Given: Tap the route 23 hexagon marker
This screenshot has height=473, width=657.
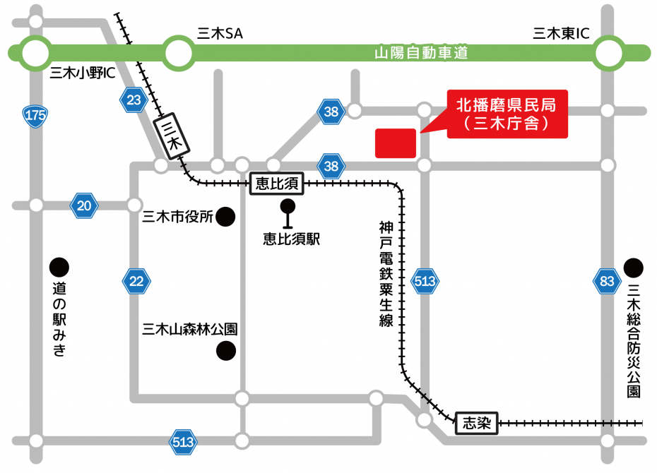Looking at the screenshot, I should [134, 100].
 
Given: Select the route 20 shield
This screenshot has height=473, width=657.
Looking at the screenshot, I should [85, 205].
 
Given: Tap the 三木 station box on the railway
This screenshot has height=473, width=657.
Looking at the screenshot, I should [171, 136].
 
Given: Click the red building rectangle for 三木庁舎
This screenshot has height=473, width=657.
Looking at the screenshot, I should [396, 143].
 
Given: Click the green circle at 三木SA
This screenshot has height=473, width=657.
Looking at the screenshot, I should [179, 53].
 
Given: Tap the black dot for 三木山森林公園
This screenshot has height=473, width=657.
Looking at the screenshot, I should [225, 349].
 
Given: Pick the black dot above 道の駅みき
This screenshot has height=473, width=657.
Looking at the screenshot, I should [59, 268].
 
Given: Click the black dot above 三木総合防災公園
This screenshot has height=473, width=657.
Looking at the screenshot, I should [634, 268].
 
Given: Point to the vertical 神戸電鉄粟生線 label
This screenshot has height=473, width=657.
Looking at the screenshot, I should [386, 274].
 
